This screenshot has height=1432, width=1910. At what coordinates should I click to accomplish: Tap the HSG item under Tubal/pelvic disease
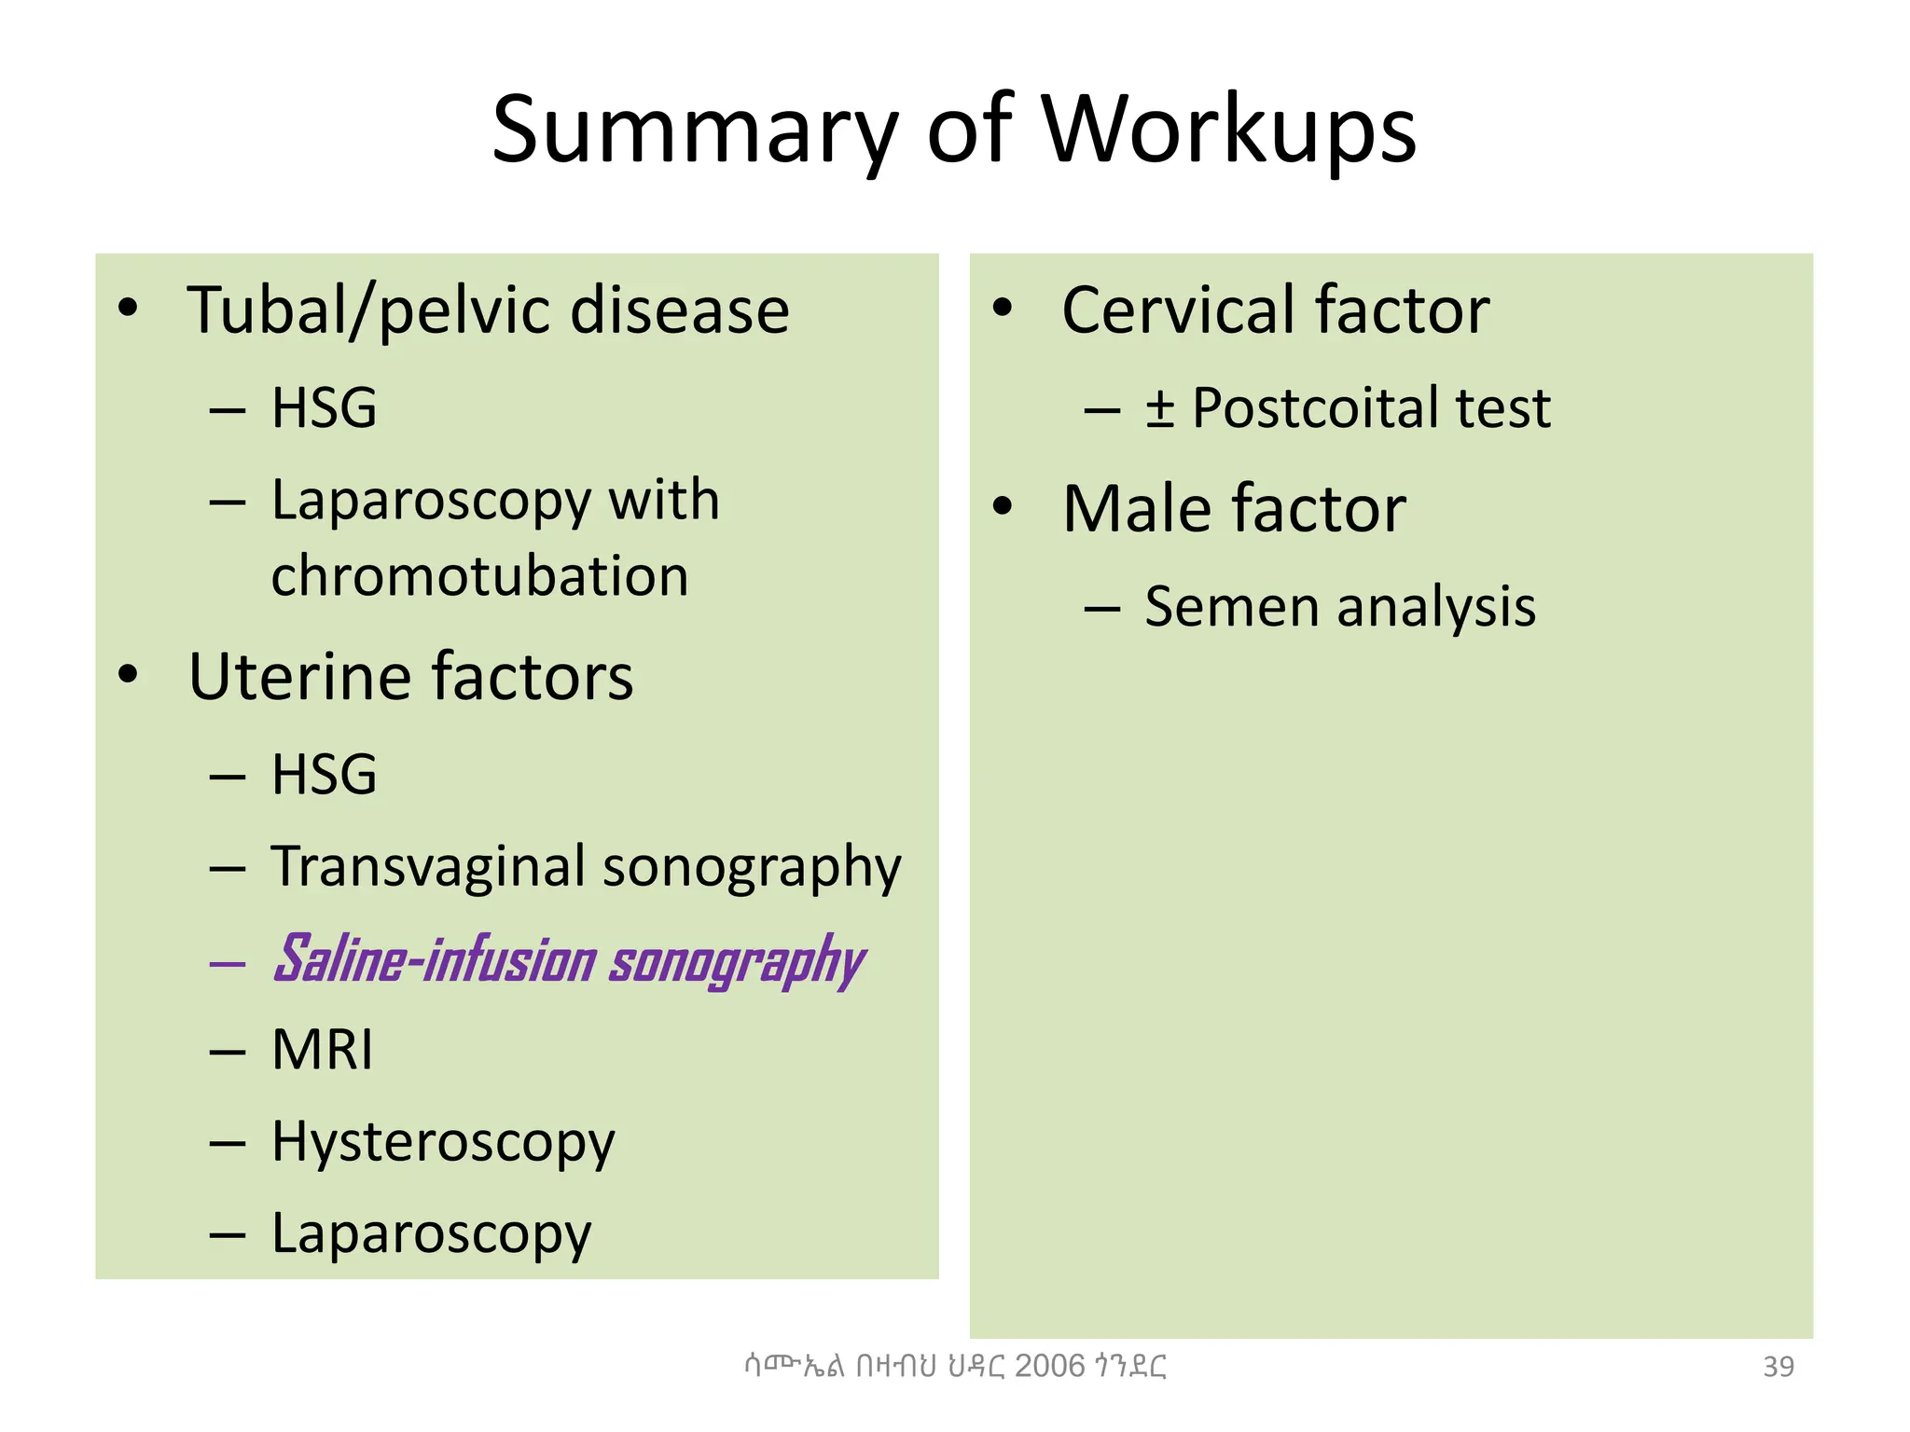[x=324, y=408]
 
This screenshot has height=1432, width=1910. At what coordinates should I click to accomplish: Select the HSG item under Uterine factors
[x=324, y=775]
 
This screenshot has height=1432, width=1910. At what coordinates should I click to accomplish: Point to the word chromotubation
[x=479, y=576]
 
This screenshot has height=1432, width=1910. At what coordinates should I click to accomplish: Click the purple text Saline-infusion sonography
[x=569, y=960]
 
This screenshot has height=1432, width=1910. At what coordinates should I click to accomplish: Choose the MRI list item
[x=322, y=1050]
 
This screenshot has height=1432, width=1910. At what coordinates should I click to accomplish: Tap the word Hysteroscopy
[x=443, y=1142]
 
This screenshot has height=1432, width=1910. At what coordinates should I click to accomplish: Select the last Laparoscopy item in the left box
[x=431, y=1233]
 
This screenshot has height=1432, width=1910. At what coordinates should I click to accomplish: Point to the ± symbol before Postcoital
[x=1159, y=408]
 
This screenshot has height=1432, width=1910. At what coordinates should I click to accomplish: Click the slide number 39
[x=1778, y=1367]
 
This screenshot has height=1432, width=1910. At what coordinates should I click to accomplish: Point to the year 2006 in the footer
[x=1050, y=1366]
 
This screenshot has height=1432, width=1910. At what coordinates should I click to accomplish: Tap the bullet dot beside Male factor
[x=1003, y=507]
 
